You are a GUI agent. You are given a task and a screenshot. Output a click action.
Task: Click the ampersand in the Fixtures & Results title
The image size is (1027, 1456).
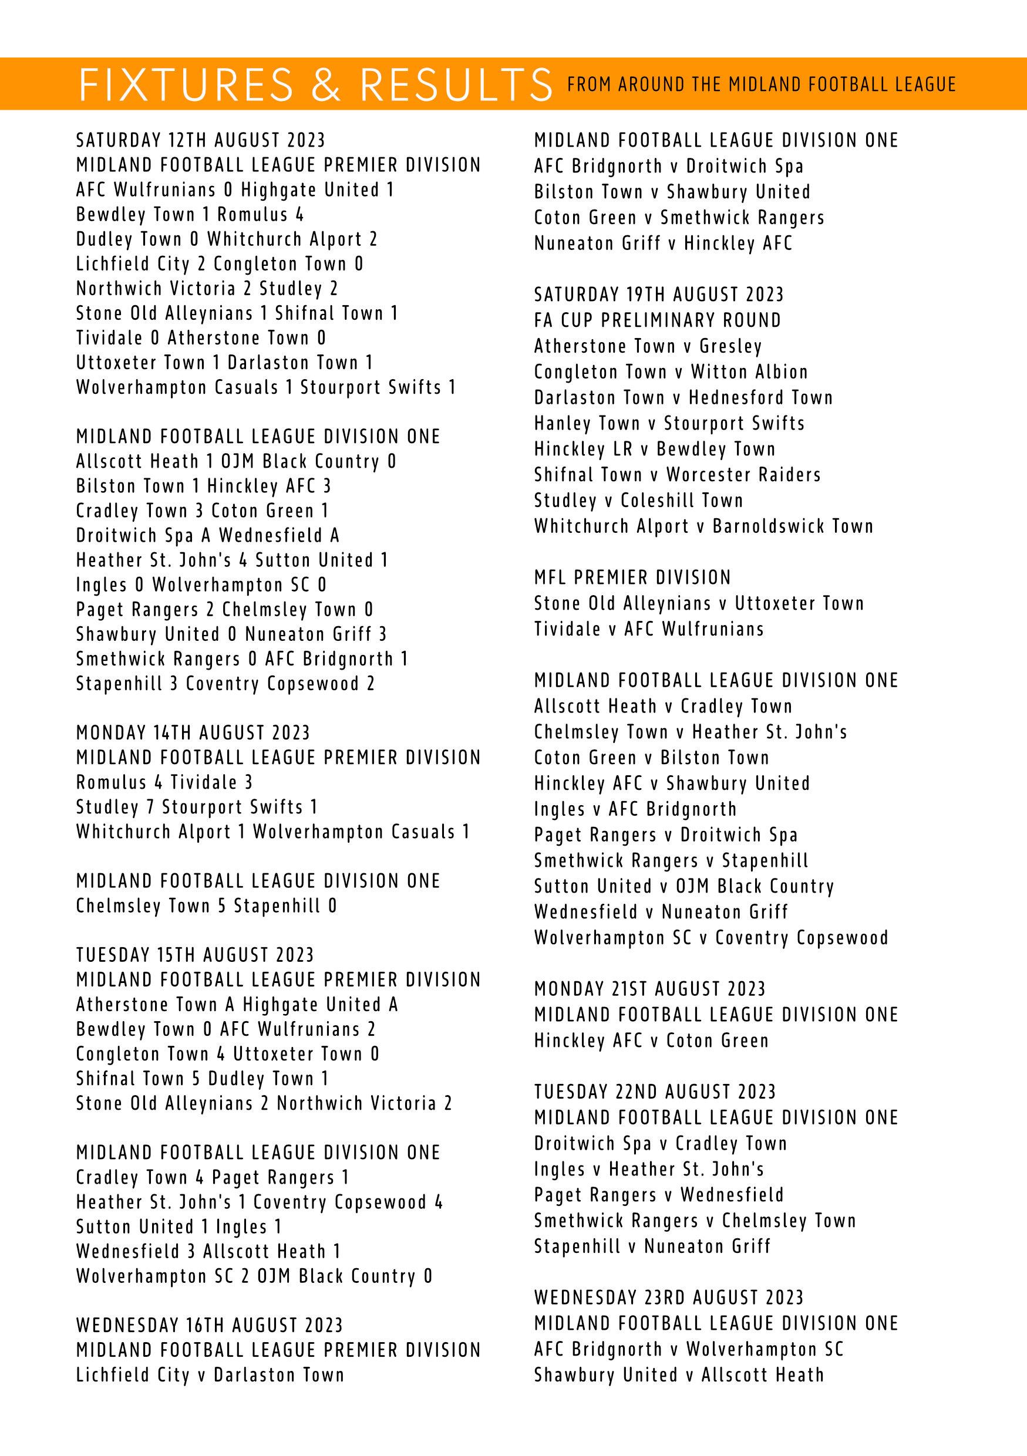click(326, 85)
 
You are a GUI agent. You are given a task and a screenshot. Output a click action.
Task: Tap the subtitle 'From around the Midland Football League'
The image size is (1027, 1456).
click(761, 85)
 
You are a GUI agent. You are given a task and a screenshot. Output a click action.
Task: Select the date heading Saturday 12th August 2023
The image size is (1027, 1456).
click(200, 140)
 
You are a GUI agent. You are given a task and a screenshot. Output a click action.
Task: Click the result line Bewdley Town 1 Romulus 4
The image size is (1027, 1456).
click(190, 214)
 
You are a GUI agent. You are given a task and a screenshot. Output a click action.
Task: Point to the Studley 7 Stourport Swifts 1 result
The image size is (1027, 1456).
click(197, 808)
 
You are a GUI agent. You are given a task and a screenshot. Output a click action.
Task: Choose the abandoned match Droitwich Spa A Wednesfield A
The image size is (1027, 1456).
click(207, 536)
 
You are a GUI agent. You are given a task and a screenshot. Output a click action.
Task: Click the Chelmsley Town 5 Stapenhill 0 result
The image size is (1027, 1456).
click(206, 906)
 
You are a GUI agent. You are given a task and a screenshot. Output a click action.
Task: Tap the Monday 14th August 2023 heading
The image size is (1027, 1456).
click(193, 733)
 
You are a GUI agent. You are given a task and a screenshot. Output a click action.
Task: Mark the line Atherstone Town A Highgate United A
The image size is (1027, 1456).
click(237, 1005)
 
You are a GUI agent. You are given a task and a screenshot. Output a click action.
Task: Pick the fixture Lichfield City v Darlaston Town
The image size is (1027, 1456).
click(210, 1375)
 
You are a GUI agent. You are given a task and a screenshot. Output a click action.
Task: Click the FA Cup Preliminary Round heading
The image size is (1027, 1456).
click(657, 320)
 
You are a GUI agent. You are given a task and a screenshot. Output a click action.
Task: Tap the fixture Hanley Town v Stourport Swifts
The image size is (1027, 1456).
click(669, 423)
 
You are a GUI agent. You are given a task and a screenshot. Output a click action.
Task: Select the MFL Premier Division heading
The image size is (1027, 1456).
click(632, 577)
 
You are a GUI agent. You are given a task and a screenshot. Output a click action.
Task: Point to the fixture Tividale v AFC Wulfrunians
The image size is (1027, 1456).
click(649, 629)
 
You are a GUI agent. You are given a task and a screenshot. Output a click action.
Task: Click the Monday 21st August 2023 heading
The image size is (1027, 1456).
click(649, 989)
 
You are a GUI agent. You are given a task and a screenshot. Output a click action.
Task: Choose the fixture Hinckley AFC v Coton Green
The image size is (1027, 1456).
click(651, 1041)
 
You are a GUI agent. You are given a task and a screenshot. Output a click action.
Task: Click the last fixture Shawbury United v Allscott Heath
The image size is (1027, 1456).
click(679, 1375)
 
